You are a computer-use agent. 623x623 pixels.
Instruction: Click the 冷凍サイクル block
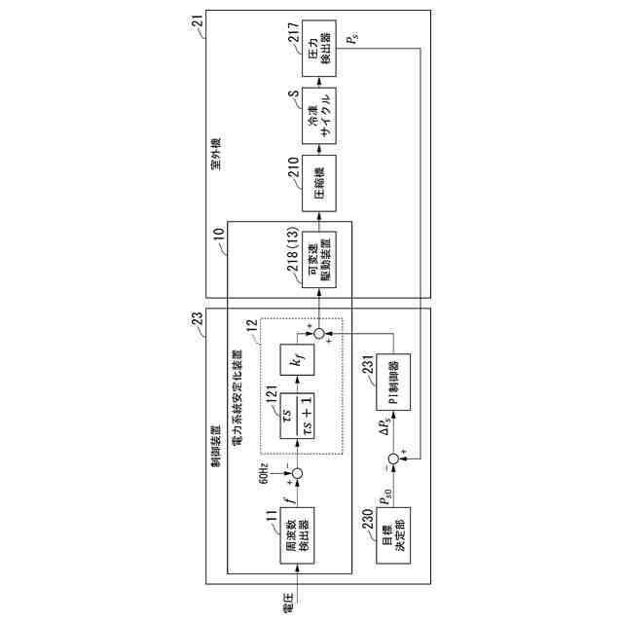[x=320, y=109]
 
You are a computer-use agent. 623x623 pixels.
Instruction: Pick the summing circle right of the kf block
[x=315, y=335]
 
